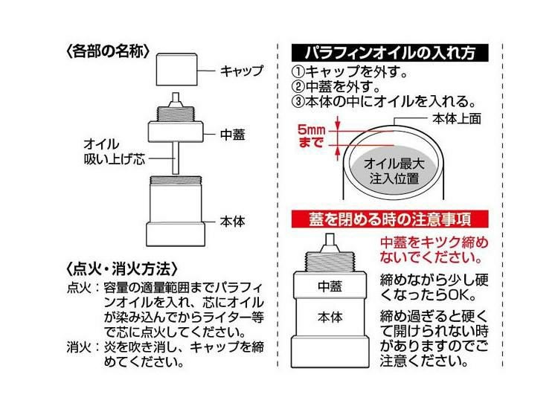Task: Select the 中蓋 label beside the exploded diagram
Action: pyautogui.click(x=233, y=135)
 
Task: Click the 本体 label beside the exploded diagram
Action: pyautogui.click(x=233, y=221)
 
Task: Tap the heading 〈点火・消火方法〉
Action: pyautogui.click(x=121, y=267)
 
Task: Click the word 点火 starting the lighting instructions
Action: pyautogui.click(x=76, y=286)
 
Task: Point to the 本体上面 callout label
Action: pyautogui.click(x=446, y=119)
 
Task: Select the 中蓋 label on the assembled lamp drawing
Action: pyautogui.click(x=329, y=285)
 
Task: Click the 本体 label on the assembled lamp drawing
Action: pyautogui.click(x=329, y=316)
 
